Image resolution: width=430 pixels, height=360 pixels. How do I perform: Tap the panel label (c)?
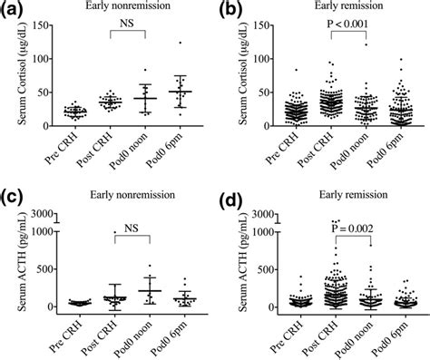14,193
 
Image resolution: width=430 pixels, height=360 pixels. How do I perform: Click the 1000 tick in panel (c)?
45,231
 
